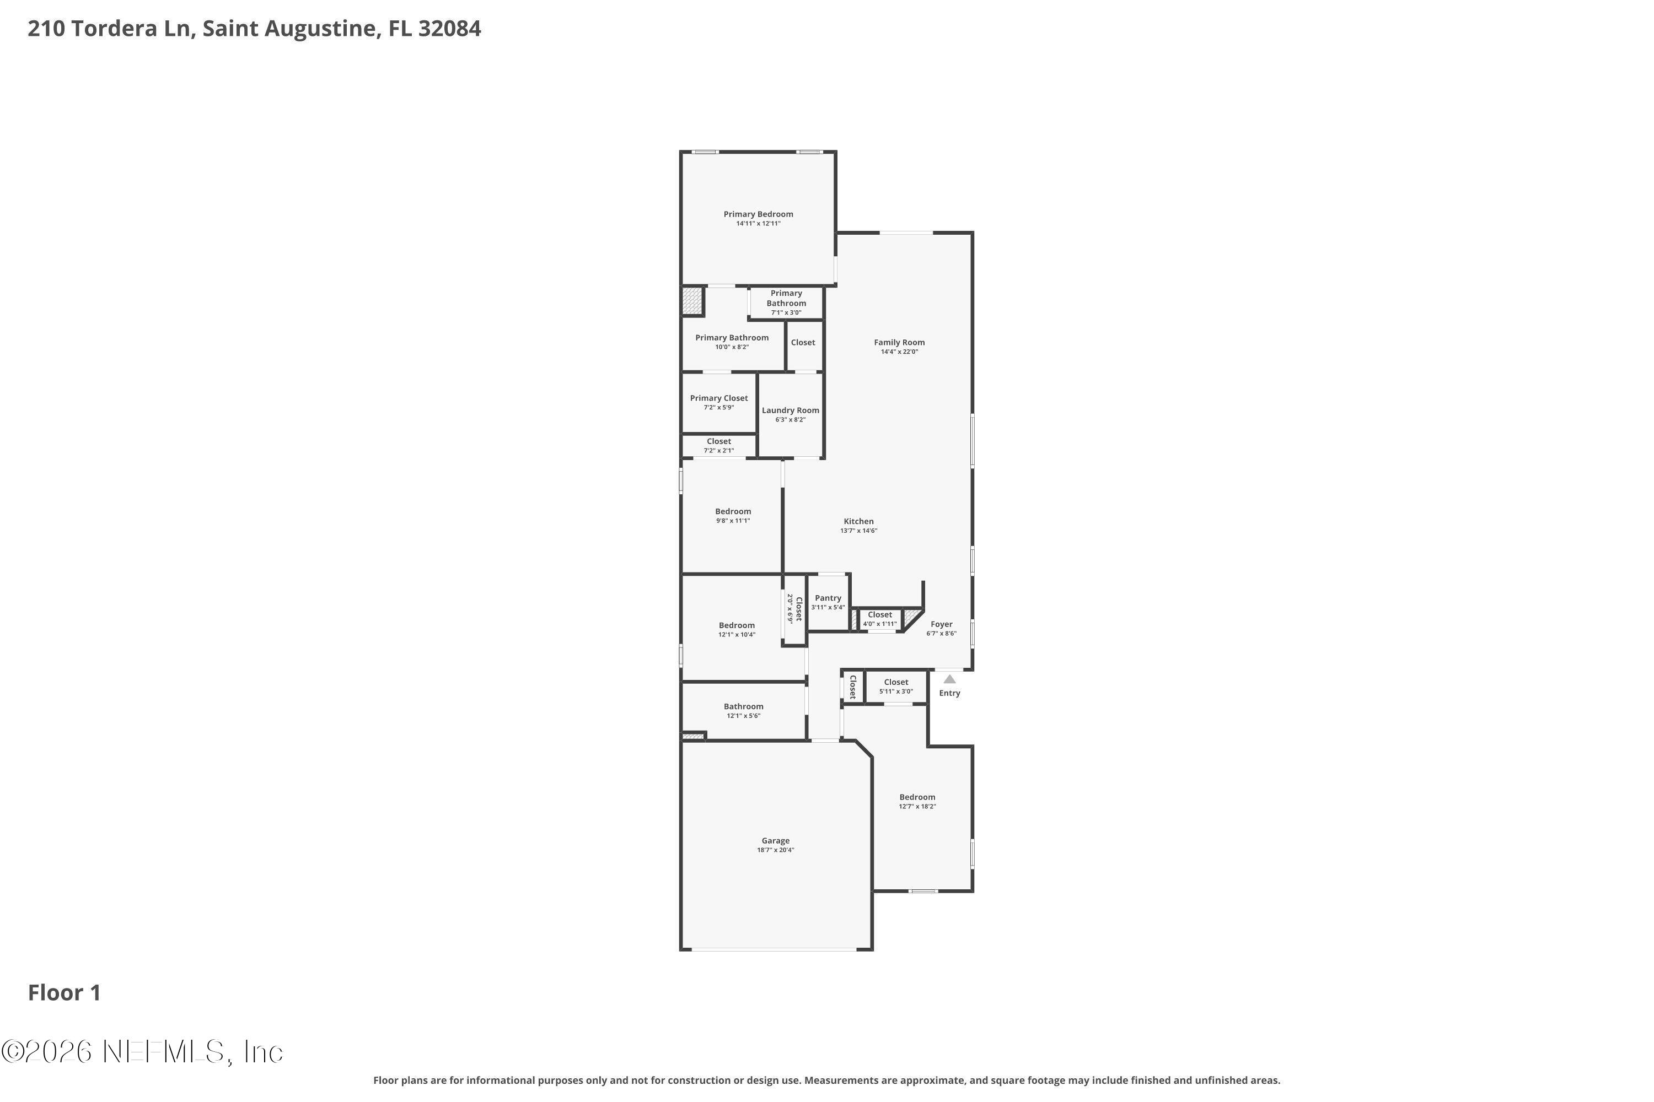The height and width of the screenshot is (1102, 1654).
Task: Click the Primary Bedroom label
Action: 758,214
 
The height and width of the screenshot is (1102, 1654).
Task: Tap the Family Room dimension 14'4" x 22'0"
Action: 899,352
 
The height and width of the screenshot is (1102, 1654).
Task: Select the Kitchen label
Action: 858,521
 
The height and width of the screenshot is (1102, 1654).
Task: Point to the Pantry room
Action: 828,602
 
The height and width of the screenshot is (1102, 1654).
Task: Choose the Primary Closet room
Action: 719,402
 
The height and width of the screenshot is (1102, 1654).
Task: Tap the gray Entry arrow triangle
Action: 949,679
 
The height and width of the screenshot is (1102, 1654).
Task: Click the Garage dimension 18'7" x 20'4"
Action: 775,850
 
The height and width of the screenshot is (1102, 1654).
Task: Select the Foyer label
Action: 941,624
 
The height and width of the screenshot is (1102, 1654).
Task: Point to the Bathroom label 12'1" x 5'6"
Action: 743,711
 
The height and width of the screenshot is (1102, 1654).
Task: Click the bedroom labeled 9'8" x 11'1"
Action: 733,516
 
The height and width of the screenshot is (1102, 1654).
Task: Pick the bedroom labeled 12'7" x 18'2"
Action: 917,801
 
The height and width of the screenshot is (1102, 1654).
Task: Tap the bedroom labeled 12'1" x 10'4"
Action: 736,629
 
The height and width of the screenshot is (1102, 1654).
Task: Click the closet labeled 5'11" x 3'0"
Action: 896,686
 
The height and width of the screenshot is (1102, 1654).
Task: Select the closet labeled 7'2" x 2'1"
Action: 719,446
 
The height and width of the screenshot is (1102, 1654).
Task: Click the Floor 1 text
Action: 64,992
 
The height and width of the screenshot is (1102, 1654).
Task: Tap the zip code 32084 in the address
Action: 449,29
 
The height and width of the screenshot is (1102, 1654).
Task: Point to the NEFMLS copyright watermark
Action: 142,1052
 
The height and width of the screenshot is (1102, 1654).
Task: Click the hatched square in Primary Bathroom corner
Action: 692,301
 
